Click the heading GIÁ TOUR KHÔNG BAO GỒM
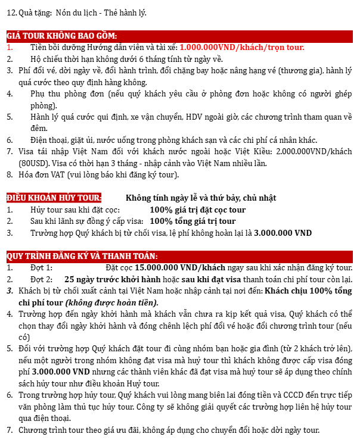click(61, 36)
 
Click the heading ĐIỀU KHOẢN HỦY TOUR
click(54, 198)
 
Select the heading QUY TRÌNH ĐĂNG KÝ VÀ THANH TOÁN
click(82, 256)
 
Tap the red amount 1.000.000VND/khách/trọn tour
click(241, 47)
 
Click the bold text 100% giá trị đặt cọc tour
click(197, 210)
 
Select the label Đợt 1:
click(41, 268)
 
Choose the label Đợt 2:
click(41, 279)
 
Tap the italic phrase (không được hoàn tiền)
click(106, 302)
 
